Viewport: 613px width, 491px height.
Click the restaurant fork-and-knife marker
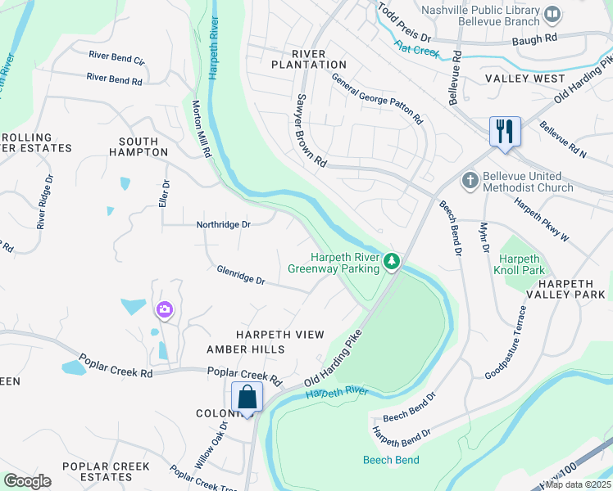click(504, 131)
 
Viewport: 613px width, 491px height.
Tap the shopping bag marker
click(247, 398)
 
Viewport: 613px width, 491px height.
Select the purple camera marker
click(165, 309)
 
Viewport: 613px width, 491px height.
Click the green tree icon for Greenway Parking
click(393, 262)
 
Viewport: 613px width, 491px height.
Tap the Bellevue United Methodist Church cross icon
click(470, 180)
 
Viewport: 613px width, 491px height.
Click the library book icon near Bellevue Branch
click(553, 13)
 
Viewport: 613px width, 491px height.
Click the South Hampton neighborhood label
click(138, 146)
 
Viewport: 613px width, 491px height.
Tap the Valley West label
click(524, 79)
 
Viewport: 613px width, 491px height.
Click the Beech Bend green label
click(391, 460)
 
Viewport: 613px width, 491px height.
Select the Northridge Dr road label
click(223, 224)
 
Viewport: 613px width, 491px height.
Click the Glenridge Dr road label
click(241, 275)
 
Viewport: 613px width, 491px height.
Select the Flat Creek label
click(416, 51)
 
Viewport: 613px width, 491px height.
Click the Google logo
click(27, 481)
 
